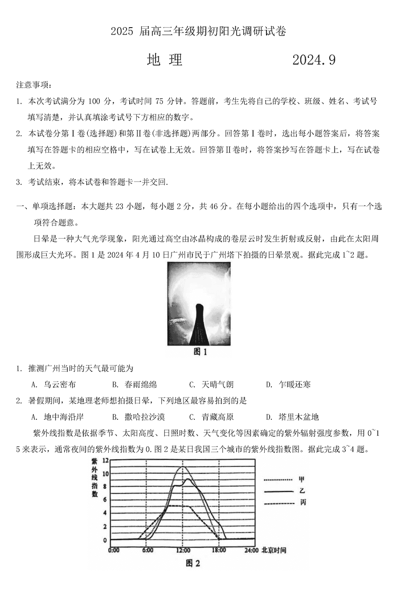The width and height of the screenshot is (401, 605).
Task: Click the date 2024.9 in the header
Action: tap(314, 60)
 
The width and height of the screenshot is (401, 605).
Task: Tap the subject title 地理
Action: tap(165, 60)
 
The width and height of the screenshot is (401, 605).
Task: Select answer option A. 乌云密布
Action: tap(54, 385)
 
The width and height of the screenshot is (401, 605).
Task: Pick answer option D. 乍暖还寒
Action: tap(288, 385)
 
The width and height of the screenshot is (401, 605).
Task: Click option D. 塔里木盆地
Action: tap(292, 417)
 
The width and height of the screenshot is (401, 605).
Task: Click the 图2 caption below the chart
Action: tap(193, 564)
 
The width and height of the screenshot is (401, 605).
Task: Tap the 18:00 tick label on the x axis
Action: tap(219, 550)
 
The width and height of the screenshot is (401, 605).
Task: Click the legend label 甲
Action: tap(302, 479)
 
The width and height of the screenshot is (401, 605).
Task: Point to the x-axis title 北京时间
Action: tap(274, 550)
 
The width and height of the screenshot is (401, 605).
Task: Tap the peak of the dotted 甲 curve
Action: tap(182, 467)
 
